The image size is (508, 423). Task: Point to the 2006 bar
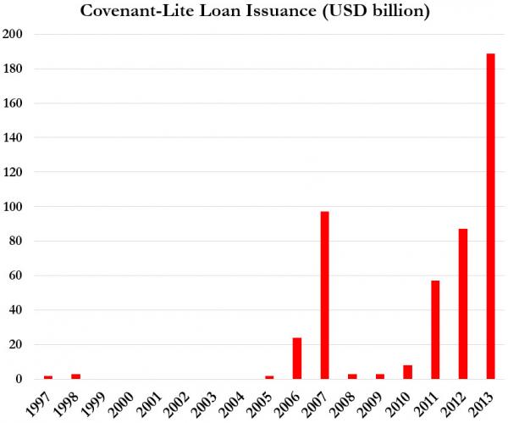(x=297, y=358)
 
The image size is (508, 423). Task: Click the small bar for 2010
(x=407, y=371)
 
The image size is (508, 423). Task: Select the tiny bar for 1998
(x=75, y=376)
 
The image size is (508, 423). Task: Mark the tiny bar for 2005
(x=269, y=376)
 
